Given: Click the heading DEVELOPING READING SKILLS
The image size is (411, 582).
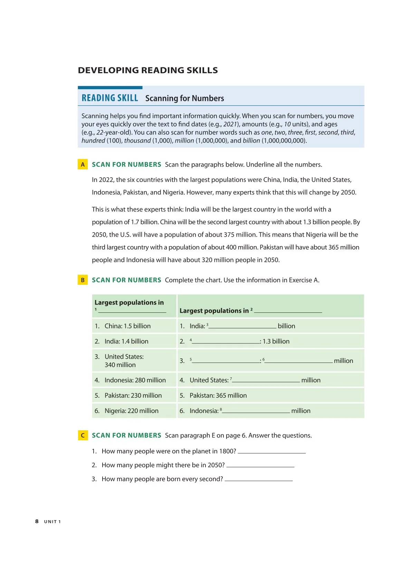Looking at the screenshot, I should pyautogui.click(x=148, y=70).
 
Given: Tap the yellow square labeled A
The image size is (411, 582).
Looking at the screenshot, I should pyautogui.click(x=83, y=165).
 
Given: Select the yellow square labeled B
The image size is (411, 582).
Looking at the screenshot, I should pyautogui.click(x=83, y=280).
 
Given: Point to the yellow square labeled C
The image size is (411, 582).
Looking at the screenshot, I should pyautogui.click(x=83, y=435).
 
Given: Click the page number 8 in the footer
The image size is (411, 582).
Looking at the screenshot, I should pyautogui.click(x=37, y=521).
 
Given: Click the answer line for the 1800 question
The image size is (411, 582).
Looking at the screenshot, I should pyautogui.click(x=272, y=452).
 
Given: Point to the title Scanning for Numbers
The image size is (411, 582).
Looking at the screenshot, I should pyautogui.click(x=184, y=98).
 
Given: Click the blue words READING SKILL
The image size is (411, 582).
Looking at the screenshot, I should pyautogui.click(x=110, y=98).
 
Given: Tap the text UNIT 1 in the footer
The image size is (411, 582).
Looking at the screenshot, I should pyautogui.click(x=52, y=522).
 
